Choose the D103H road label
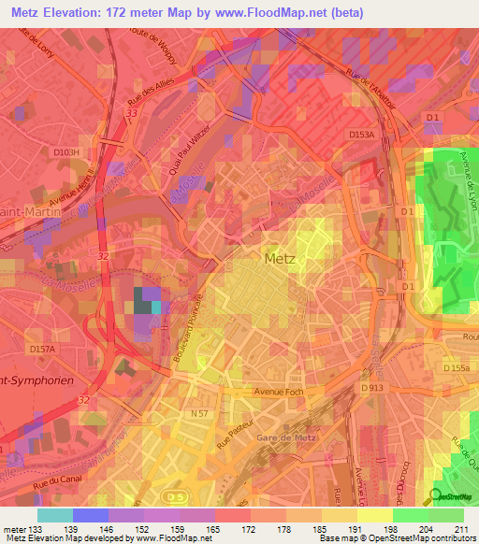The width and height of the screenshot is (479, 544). coord(67,150)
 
